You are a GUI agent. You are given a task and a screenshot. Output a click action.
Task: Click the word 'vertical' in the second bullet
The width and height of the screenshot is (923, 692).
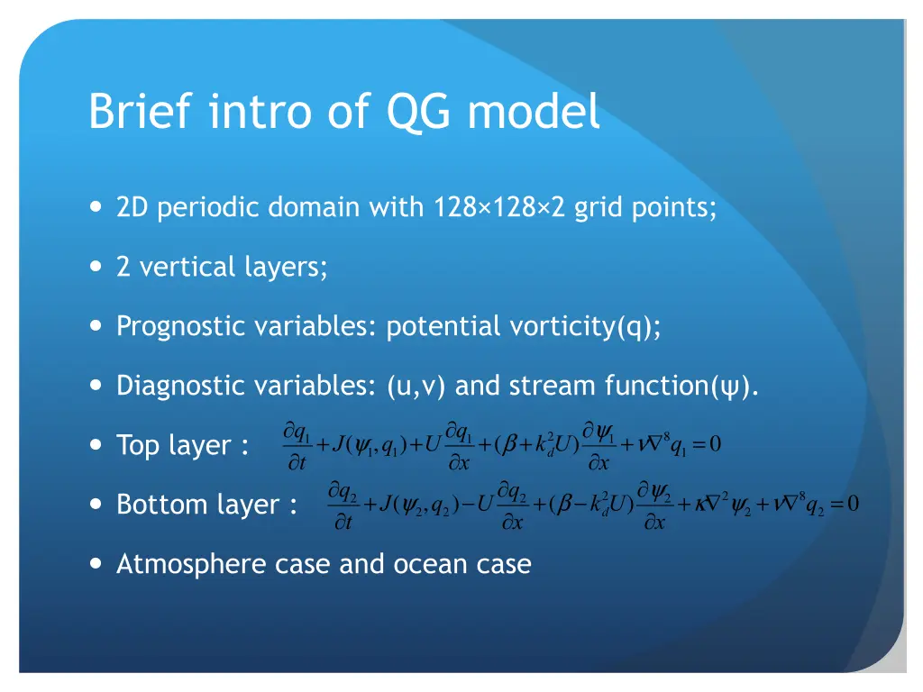click(185, 268)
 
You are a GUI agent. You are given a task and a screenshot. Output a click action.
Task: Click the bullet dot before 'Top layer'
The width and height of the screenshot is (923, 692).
click(96, 445)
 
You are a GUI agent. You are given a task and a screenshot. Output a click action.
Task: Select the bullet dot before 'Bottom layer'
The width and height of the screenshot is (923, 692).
click(96, 505)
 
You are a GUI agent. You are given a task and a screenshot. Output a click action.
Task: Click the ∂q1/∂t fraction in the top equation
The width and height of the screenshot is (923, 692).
click(297, 445)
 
